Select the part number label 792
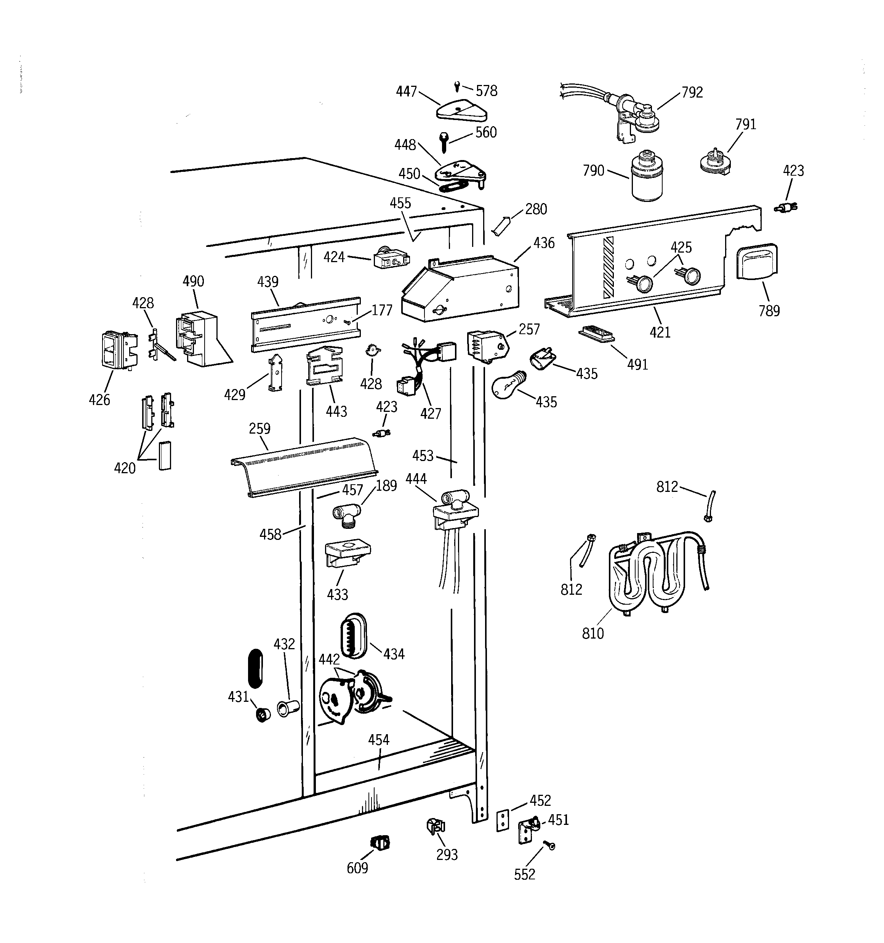click(x=692, y=92)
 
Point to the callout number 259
click(x=259, y=428)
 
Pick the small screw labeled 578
click(x=456, y=86)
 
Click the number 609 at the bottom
click(x=357, y=868)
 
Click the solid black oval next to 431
click(x=255, y=668)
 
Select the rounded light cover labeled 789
click(x=756, y=261)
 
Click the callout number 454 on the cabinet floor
click(x=378, y=740)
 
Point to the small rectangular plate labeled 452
click(x=503, y=820)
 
